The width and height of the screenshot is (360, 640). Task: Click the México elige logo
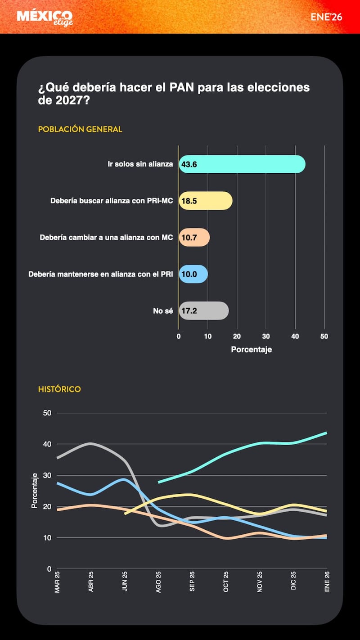pyautogui.click(x=45, y=18)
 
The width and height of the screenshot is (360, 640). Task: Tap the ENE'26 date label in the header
pyautogui.click(x=326, y=17)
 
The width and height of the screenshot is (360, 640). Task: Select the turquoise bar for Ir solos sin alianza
pyautogui.click(x=242, y=164)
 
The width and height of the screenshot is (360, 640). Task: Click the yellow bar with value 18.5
pyautogui.click(x=205, y=201)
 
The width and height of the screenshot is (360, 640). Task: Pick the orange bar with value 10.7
pyautogui.click(x=194, y=237)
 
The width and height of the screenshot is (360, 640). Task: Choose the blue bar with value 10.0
pyautogui.click(x=193, y=274)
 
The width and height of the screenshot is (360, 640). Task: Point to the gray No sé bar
pyautogui.click(x=203, y=311)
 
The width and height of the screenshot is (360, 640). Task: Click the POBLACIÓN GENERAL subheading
pyautogui.click(x=80, y=129)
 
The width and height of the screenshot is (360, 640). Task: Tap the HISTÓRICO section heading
pyautogui.click(x=59, y=389)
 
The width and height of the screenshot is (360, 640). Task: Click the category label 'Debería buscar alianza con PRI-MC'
pyautogui.click(x=112, y=201)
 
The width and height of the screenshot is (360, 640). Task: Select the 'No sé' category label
pyautogui.click(x=163, y=311)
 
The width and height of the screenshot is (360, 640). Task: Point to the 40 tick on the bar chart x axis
pyautogui.click(x=295, y=336)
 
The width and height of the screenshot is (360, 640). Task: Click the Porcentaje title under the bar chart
pyautogui.click(x=251, y=350)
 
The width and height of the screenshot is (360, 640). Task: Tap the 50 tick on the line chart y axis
pyautogui.click(x=47, y=413)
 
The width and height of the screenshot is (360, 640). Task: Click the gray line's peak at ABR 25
pyautogui.click(x=91, y=443)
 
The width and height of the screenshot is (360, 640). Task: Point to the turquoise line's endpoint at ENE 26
pyautogui.click(x=326, y=433)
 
